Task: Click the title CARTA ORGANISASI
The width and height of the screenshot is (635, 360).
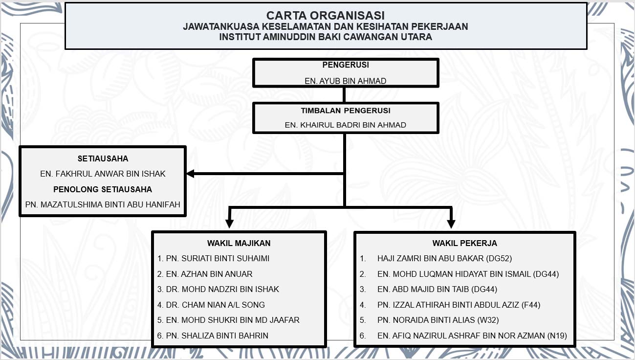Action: [x=326, y=16]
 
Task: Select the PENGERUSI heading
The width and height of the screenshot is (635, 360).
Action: [x=345, y=65]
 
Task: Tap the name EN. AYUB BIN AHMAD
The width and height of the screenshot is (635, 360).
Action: [x=345, y=81]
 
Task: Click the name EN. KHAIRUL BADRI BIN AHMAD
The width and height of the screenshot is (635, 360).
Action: [x=345, y=125]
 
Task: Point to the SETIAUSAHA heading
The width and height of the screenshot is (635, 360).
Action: [x=103, y=158]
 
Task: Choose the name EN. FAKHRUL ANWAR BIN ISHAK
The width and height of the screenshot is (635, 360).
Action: [x=103, y=174]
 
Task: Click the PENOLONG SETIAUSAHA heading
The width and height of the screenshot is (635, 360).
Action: [x=103, y=189]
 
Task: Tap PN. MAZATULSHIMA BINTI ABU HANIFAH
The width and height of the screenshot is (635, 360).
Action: [x=103, y=204]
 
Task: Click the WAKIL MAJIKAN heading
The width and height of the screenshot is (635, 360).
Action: [x=239, y=243]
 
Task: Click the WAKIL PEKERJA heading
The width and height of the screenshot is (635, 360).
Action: [x=464, y=243]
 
